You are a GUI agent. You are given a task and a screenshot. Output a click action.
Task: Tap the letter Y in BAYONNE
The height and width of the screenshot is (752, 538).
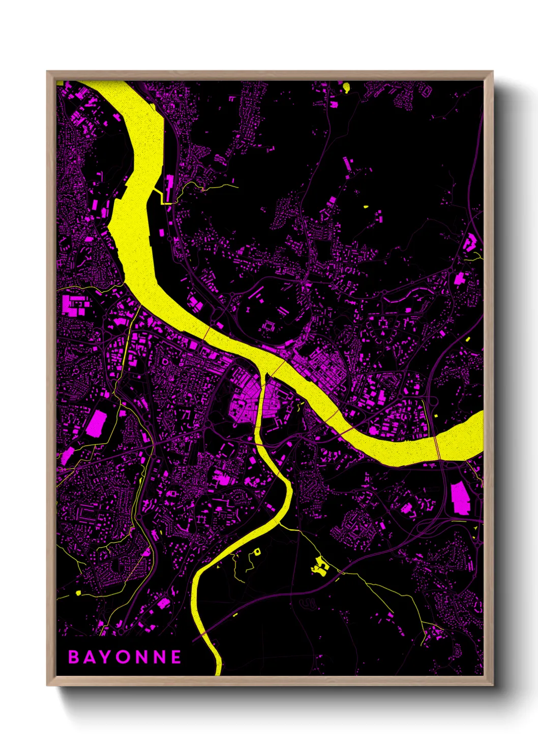[105, 657]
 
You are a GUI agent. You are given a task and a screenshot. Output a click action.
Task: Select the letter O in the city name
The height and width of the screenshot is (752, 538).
[123, 657]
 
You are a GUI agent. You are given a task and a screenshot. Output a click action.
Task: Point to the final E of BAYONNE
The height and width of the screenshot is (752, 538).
[176, 657]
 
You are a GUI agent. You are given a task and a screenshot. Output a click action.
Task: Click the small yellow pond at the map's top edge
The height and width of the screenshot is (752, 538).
[347, 87]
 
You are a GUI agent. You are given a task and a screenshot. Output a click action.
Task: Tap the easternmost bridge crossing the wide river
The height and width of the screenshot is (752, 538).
[438, 448]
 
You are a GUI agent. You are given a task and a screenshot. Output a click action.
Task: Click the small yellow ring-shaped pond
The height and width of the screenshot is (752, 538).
[257, 551]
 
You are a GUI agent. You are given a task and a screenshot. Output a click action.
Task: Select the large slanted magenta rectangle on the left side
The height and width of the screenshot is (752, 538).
[96, 424]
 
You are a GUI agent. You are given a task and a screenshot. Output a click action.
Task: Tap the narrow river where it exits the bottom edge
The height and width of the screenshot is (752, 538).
[218, 671]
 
